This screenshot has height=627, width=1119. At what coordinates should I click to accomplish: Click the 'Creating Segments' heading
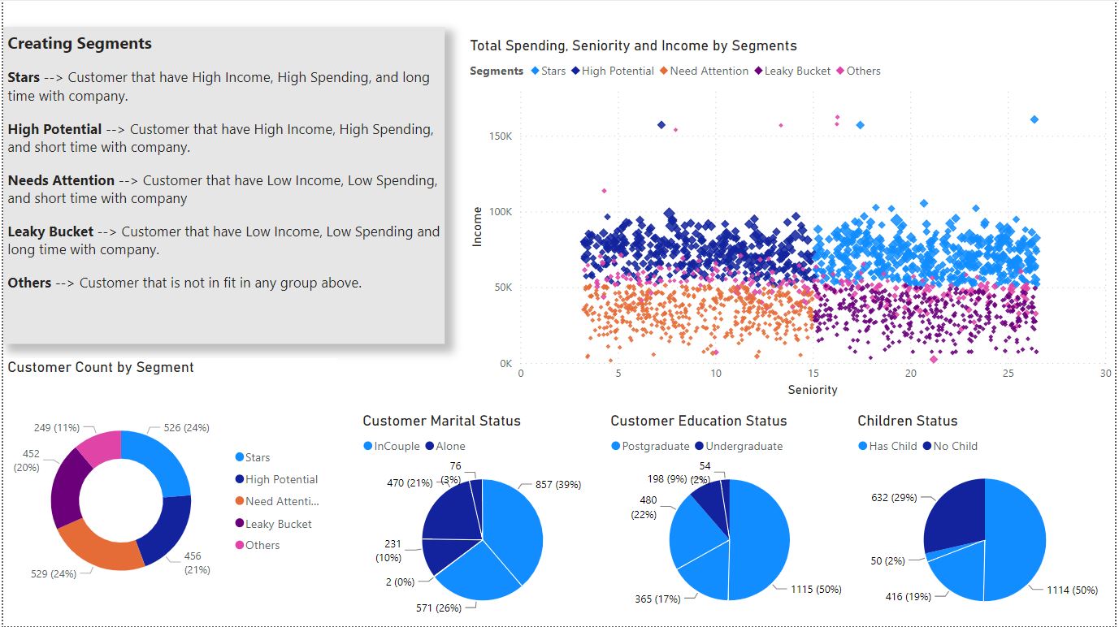(80, 44)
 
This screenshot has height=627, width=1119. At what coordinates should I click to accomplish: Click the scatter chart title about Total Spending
(633, 46)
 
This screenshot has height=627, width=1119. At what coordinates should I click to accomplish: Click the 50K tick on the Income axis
(501, 288)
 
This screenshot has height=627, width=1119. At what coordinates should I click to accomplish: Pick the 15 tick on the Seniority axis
(813, 374)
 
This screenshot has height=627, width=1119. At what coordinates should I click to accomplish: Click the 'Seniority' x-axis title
(813, 390)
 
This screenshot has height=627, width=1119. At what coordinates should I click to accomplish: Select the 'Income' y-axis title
(478, 227)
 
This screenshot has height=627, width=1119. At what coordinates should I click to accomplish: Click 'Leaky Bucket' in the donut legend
(278, 525)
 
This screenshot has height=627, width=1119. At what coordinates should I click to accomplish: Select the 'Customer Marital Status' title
(441, 421)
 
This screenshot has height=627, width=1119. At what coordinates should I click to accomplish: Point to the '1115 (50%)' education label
(817, 590)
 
